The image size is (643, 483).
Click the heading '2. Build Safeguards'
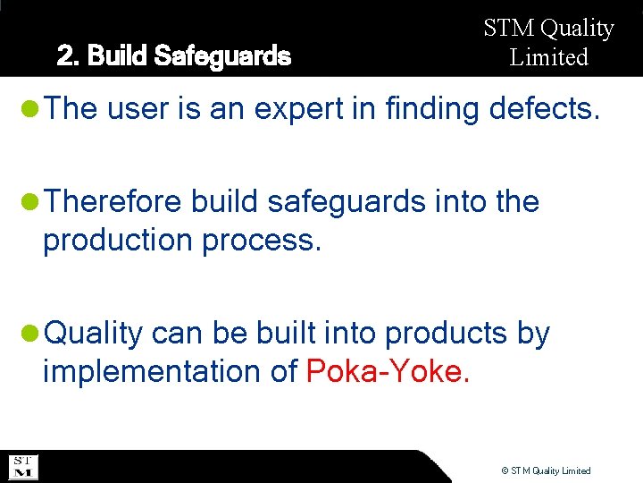point(174,57)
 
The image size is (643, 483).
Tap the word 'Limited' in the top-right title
point(549,58)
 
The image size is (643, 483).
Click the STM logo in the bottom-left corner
point(22,467)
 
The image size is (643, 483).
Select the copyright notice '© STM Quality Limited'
point(546,470)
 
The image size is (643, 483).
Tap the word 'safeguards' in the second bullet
point(347,202)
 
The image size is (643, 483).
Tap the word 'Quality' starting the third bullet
point(94,334)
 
